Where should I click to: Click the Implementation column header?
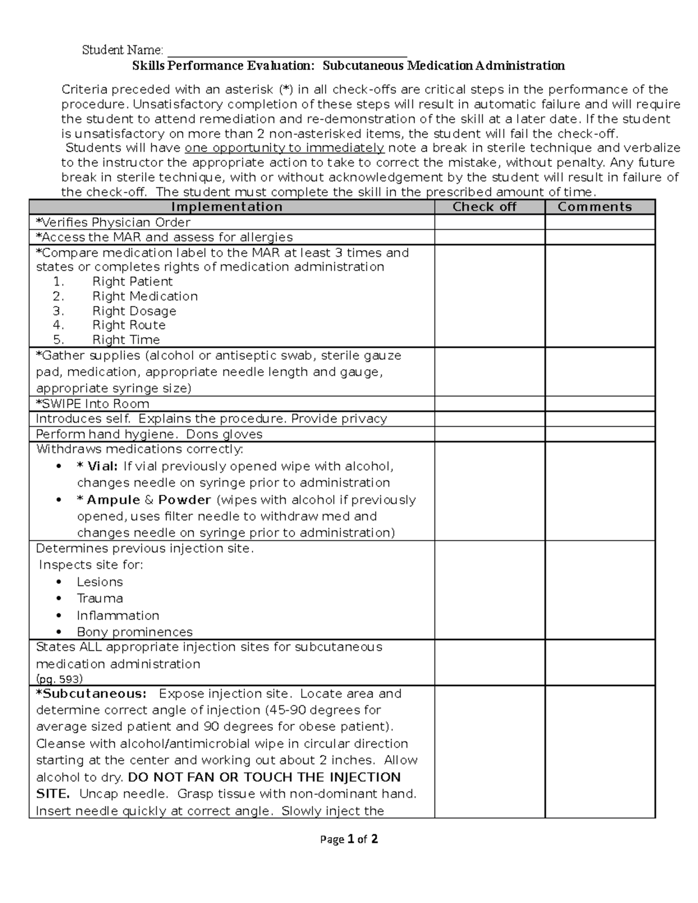coord(227,207)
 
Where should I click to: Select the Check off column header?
coord(484,207)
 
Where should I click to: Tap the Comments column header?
coord(594,207)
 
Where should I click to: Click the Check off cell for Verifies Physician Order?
coord(489,222)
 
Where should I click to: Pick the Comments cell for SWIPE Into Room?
coord(600,404)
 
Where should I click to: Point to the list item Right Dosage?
coord(134,311)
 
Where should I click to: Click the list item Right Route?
coord(129,325)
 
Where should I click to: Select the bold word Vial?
coord(102,466)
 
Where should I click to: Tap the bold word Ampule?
coord(113,500)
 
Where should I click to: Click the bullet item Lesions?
coord(99,582)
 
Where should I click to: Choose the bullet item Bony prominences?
coord(134,632)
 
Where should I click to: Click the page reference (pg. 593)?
coord(59,679)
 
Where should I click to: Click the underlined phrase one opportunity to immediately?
coord(284,148)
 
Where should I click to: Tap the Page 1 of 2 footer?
coord(349,839)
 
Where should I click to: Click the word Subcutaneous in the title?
coord(364,66)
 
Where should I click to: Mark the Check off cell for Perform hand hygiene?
coord(489,434)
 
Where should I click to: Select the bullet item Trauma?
coord(99,598)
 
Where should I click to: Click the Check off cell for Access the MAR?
coord(489,237)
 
